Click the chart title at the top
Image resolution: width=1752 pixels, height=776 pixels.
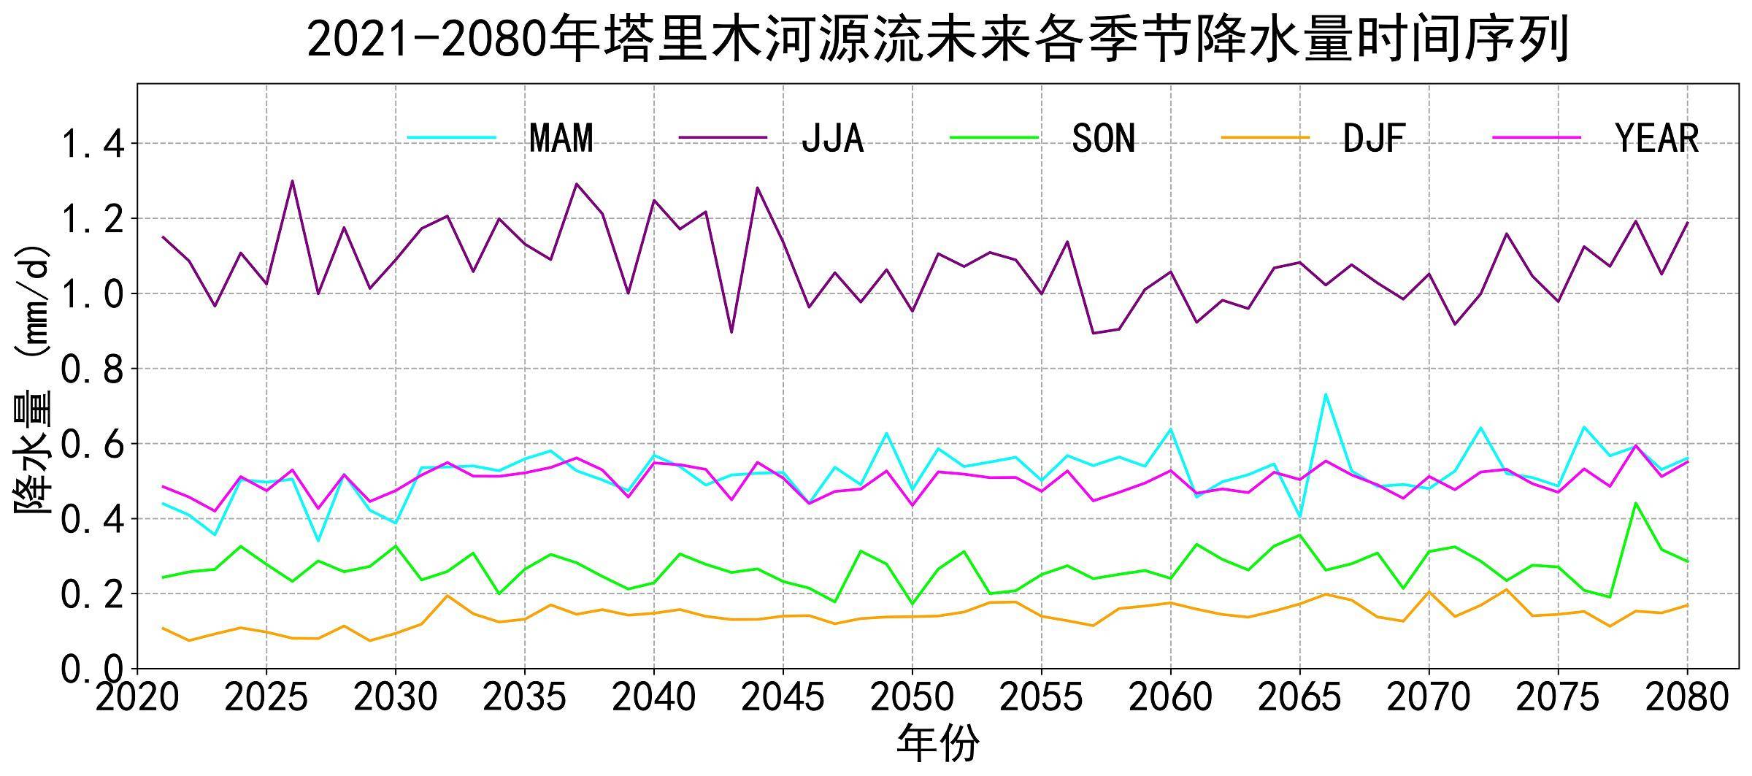(937, 39)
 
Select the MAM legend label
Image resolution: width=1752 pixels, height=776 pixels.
(561, 138)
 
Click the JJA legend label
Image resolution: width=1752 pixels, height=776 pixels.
(832, 138)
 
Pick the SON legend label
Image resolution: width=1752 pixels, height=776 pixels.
(1103, 138)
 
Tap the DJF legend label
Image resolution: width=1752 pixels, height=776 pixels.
(1374, 138)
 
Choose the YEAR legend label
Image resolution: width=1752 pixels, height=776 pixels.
(1657, 138)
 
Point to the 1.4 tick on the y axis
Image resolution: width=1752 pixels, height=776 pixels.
(91, 144)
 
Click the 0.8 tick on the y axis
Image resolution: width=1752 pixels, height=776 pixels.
(91, 369)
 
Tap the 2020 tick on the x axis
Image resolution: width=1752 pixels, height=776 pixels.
(137, 699)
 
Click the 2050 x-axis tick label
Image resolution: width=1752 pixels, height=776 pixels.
(912, 699)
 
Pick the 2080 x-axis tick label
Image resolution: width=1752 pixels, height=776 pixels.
(1687, 699)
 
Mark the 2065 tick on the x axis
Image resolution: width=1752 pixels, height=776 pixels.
(1299, 699)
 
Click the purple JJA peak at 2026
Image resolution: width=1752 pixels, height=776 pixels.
(292, 181)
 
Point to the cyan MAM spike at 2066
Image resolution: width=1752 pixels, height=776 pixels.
(1325, 394)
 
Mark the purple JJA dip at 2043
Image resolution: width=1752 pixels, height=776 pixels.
(731, 332)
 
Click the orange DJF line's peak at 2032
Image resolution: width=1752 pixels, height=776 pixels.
(447, 596)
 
